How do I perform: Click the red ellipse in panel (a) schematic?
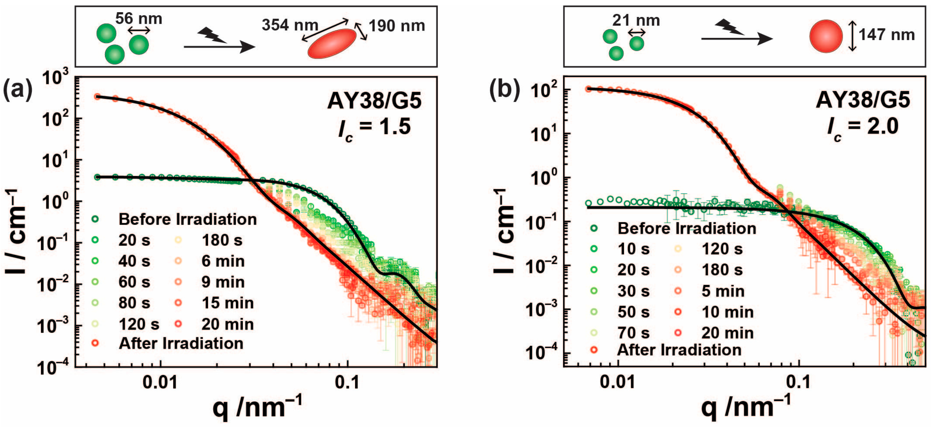tap(332, 43)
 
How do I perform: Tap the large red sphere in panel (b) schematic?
tap(826, 37)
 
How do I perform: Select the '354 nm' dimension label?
tap(289, 25)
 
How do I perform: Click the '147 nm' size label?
tap(886, 35)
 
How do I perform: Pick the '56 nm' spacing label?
tap(138, 18)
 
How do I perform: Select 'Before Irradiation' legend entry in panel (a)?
tap(187, 219)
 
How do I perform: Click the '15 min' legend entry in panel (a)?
tap(227, 303)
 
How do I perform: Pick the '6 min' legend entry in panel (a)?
tap(223, 261)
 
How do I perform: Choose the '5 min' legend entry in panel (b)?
tap(722, 291)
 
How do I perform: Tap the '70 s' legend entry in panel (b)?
tap(633, 333)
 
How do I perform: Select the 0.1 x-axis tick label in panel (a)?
tap(347, 382)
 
